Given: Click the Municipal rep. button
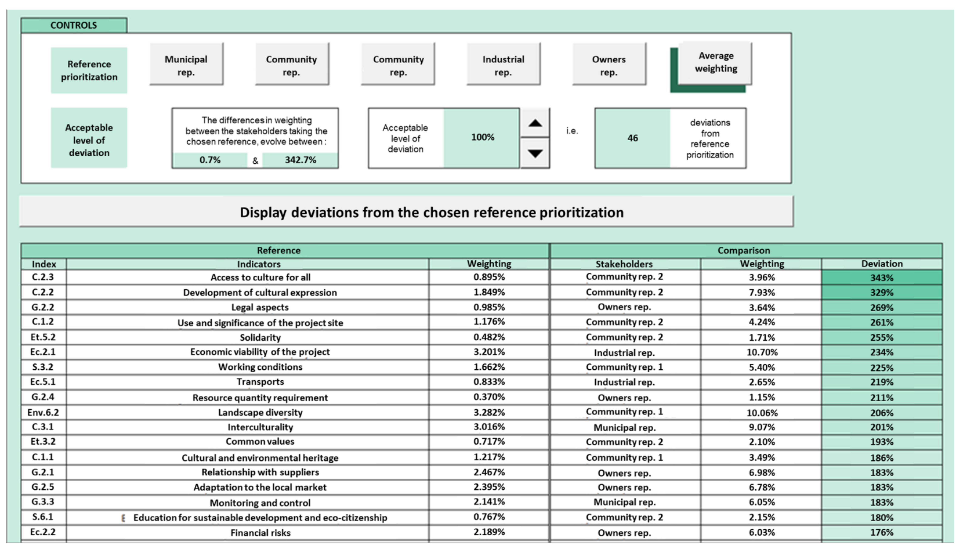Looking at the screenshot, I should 186,65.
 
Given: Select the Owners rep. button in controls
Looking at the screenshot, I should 609,65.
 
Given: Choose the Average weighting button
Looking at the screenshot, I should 715,63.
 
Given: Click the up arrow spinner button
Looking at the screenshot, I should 535,123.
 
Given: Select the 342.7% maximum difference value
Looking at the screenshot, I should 300,160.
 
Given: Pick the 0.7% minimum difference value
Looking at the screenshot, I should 210,160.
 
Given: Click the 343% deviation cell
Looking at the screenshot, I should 881,278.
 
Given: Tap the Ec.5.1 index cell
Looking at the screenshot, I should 43,382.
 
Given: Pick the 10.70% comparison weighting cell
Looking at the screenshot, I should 762,352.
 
